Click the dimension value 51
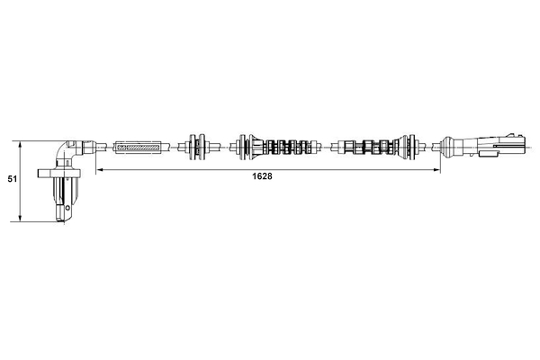(13, 179)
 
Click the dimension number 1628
(262, 176)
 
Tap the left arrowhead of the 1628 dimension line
(98, 169)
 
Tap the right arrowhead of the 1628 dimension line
(437, 169)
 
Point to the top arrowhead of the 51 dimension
(21, 144)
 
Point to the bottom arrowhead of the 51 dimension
(21, 218)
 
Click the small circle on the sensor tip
(67, 207)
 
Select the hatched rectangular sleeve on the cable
(138, 148)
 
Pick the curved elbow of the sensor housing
(63, 150)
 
